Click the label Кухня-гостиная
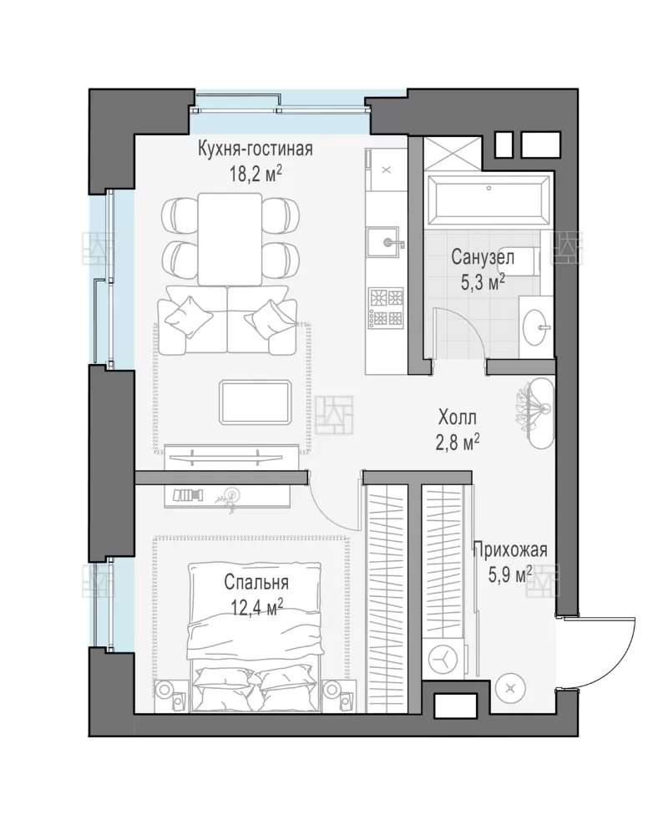coord(256,149)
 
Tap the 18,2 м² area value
coord(256,174)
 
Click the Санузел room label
coord(483,258)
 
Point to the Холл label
coord(458,418)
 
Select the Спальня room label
coord(256,583)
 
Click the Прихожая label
coord(510,549)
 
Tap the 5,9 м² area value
coord(510,574)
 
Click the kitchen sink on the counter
coord(385,243)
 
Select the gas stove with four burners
coord(386,307)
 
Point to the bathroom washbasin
coord(536,326)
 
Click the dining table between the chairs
coord(230,239)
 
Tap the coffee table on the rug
coord(256,402)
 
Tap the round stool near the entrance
coord(509,688)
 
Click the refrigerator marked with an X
coord(386,170)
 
